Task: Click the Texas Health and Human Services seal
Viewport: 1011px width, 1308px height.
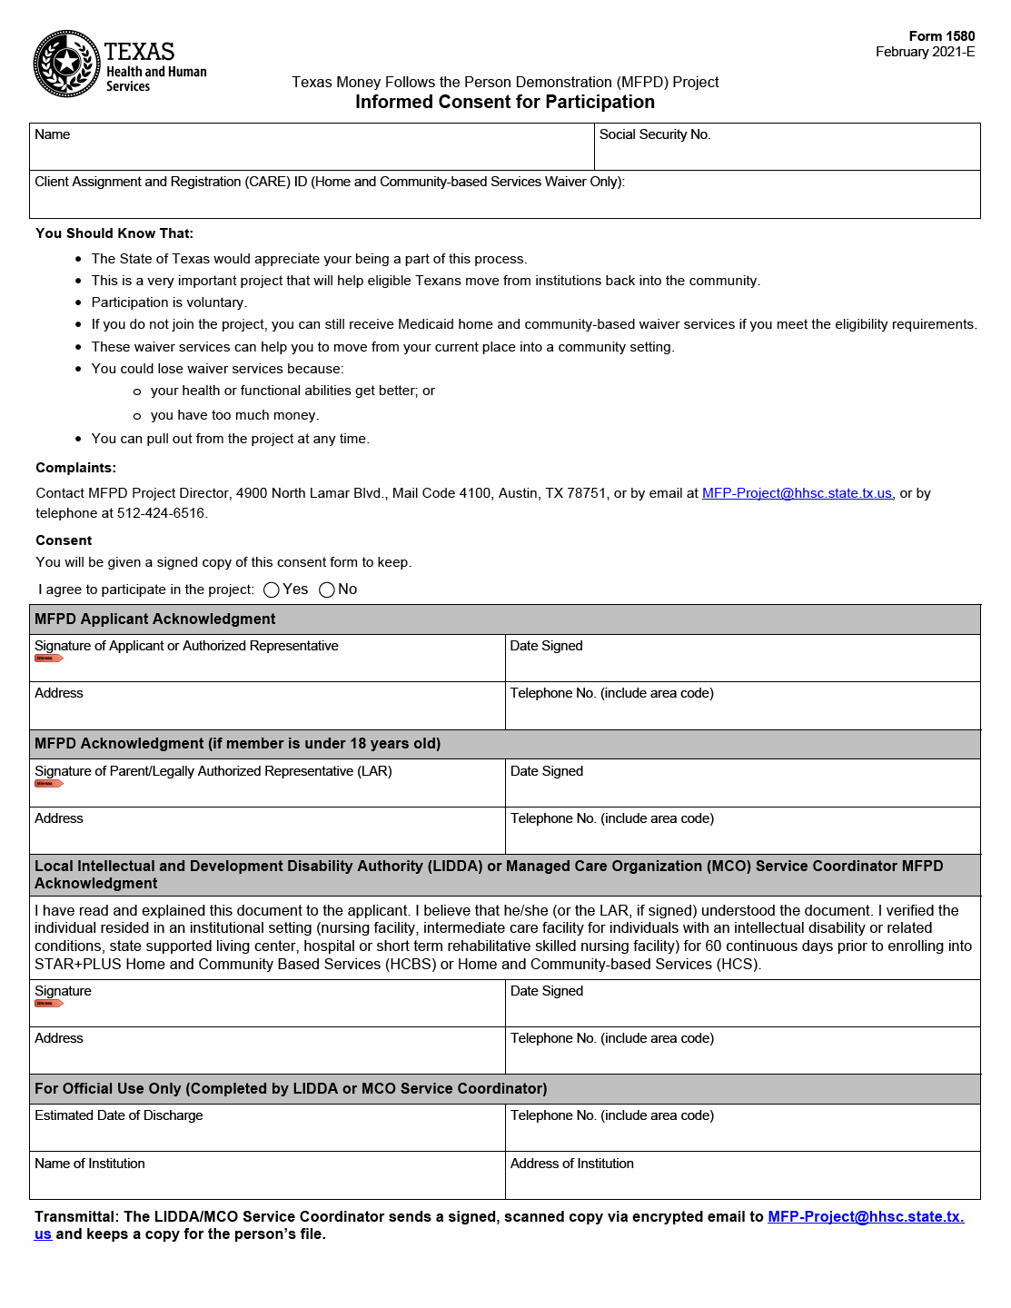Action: point(66,64)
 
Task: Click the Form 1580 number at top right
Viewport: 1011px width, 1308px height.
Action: point(941,36)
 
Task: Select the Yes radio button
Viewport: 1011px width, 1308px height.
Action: point(272,590)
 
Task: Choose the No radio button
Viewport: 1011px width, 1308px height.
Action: point(327,590)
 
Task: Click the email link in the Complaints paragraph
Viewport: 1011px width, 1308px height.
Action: point(797,493)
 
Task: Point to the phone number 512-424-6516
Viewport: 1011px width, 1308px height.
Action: point(161,513)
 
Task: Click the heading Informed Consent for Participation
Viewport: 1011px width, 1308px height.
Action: point(504,102)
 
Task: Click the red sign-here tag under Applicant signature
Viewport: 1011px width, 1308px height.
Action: point(48,659)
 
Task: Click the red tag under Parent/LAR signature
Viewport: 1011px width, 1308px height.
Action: point(48,784)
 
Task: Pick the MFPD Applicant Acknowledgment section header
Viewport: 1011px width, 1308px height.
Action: point(155,619)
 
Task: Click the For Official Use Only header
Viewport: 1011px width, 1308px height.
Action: point(291,1089)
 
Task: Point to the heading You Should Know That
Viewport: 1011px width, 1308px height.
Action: point(114,233)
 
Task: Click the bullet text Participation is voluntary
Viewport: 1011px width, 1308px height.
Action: point(169,302)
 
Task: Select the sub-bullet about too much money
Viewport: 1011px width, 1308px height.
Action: point(234,415)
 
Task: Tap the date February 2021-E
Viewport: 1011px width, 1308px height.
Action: point(925,52)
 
